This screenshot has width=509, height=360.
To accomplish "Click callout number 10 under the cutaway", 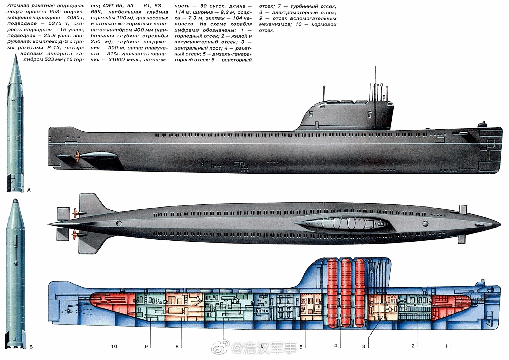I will click(x=114, y=346).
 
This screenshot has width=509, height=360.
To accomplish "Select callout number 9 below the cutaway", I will click(x=146, y=346).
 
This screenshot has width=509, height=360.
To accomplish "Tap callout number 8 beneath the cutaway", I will click(x=177, y=346).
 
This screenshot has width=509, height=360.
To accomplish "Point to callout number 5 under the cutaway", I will click(x=301, y=347).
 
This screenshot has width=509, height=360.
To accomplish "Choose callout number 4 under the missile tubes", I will click(x=336, y=346).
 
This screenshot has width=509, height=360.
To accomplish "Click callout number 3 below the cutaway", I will click(x=364, y=346).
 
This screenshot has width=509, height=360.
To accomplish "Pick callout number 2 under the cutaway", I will click(x=413, y=346).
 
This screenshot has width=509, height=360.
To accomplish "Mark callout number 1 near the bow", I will click(x=446, y=346).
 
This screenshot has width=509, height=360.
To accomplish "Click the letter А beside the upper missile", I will click(x=29, y=190).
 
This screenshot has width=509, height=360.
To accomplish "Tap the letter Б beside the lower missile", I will click(x=31, y=347).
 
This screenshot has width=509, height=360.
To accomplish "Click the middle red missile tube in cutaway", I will click(x=346, y=292).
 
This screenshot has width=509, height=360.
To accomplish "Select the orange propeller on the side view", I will click(x=78, y=157).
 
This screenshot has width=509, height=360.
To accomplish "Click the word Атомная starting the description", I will click(x=18, y=6).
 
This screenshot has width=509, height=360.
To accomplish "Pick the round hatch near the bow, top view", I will click(x=425, y=224).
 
